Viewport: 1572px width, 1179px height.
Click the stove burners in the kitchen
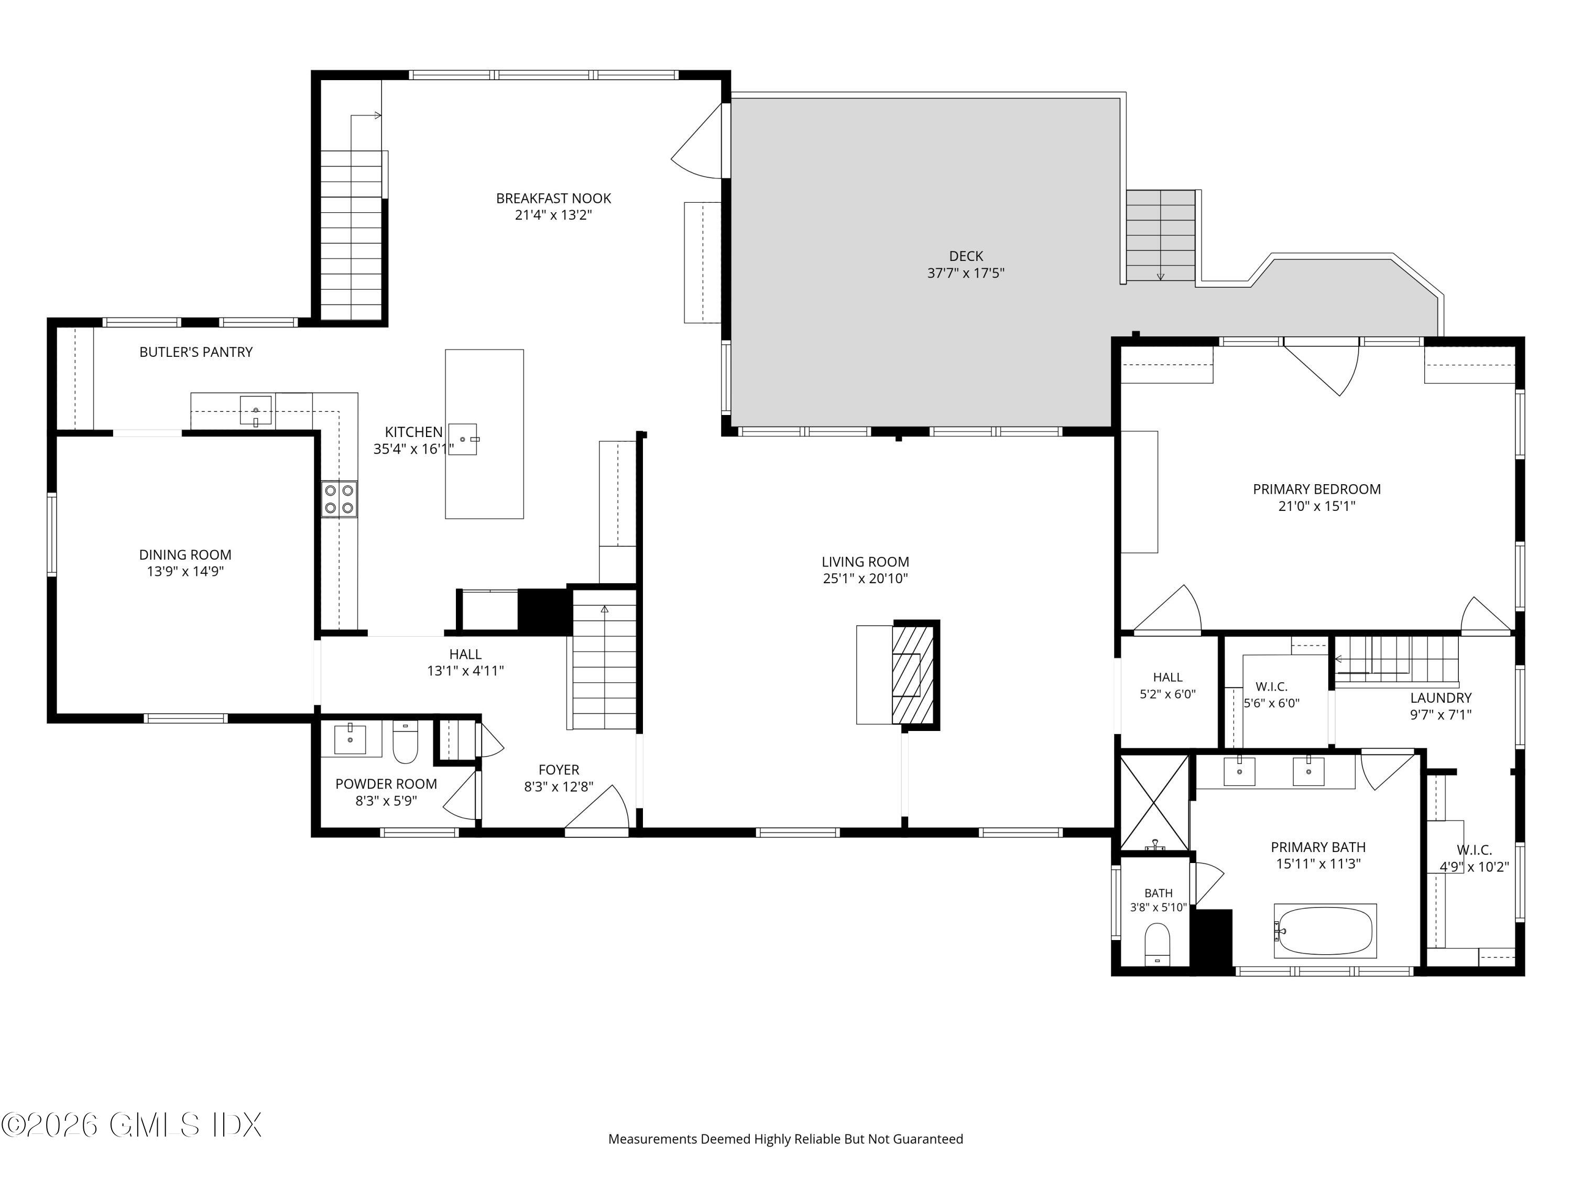(339, 499)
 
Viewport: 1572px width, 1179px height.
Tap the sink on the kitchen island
(463, 439)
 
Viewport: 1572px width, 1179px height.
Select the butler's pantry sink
(255, 411)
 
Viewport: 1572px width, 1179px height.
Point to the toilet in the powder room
(406, 742)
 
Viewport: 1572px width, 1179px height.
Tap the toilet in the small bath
(1158, 944)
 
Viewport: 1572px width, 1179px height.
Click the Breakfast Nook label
(554, 198)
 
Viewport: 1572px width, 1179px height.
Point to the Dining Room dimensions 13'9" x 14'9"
(185, 571)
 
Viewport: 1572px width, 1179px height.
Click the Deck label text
(966, 256)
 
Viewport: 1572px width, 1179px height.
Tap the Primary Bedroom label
(1317, 489)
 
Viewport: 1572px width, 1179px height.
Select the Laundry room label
(1440, 698)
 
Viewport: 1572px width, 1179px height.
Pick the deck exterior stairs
(1161, 236)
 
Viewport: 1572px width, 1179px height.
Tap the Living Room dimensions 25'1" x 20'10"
(866, 578)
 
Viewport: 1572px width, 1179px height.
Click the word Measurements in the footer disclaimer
(652, 1139)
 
